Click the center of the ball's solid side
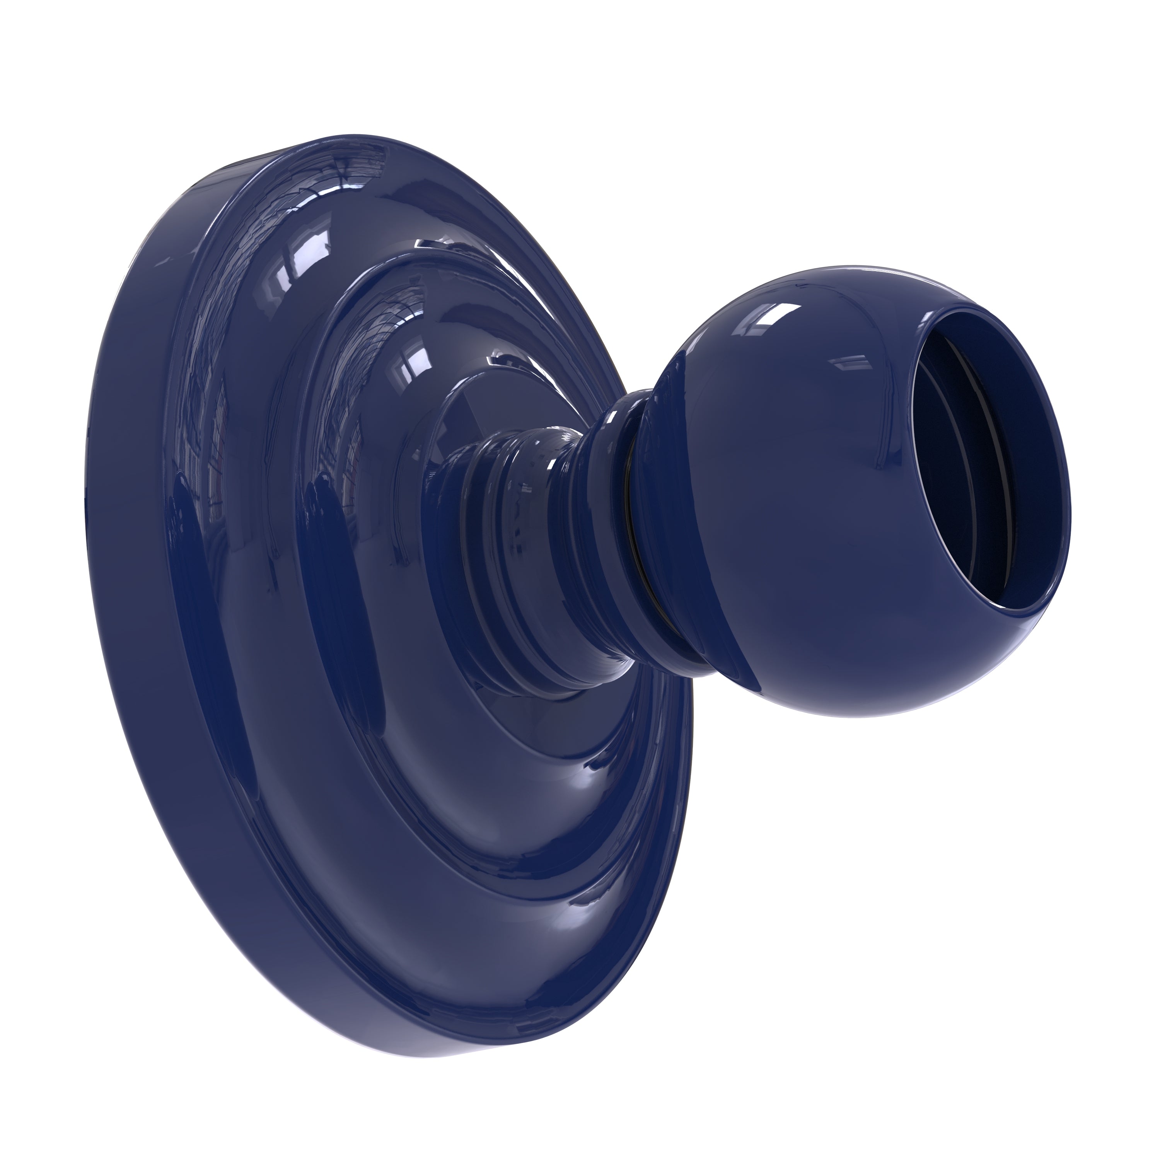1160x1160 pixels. [798, 510]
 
